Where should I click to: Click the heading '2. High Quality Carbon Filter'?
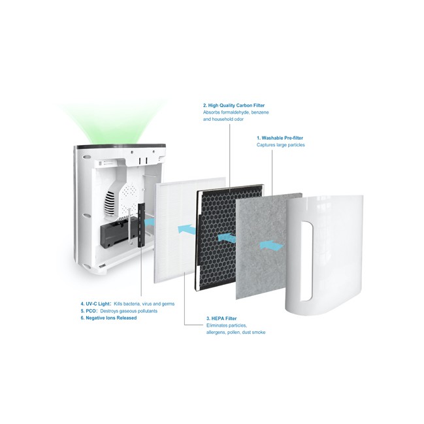[x=234, y=105]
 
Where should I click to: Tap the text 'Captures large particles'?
[x=281, y=145]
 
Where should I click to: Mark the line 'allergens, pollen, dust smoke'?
[x=235, y=333]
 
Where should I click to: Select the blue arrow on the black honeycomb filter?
[x=226, y=238]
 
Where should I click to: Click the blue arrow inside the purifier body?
[x=148, y=222]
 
